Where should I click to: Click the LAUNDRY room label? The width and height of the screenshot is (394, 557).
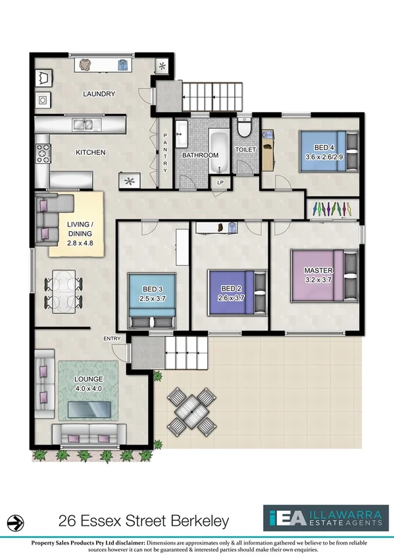pyautogui.click(x=99, y=94)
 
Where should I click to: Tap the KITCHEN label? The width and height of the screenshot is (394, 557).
pyautogui.click(x=90, y=152)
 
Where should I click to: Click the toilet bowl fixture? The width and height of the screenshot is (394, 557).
pyautogui.click(x=244, y=129)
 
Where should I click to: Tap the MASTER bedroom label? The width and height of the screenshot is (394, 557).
pyautogui.click(x=318, y=271)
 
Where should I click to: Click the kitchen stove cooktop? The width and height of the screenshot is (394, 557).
pyautogui.click(x=43, y=152)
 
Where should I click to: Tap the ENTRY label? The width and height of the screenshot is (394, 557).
pyautogui.click(x=111, y=338)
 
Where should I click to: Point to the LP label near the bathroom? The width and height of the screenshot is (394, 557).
pyautogui.click(x=220, y=182)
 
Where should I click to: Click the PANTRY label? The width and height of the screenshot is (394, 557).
pyautogui.click(x=165, y=152)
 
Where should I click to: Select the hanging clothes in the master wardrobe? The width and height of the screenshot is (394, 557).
pyautogui.click(x=333, y=208)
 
